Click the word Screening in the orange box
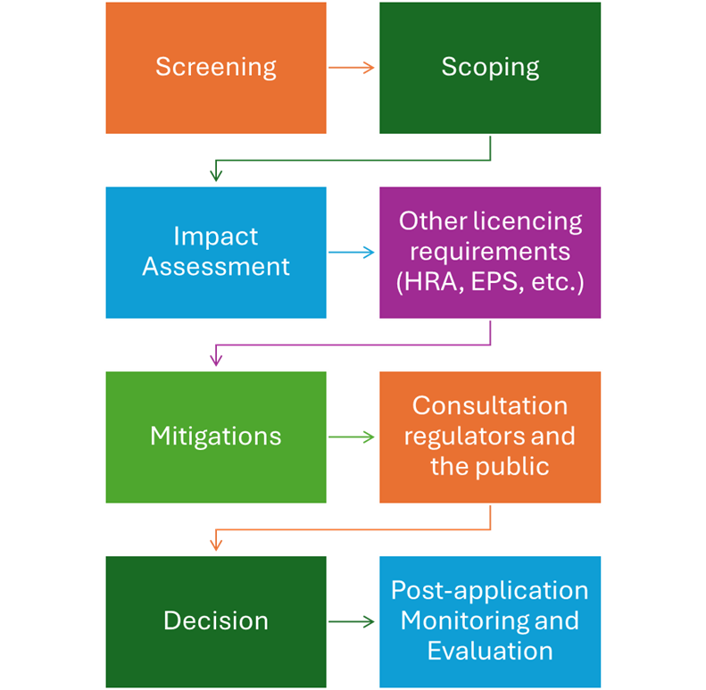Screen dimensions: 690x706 click(x=215, y=67)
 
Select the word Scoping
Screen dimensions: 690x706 click(x=490, y=67)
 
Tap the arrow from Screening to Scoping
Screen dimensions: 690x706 click(x=352, y=68)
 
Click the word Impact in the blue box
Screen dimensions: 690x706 click(x=215, y=237)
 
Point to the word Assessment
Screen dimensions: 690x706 click(x=215, y=266)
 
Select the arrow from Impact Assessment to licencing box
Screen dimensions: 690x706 click(x=352, y=253)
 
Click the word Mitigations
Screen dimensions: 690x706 click(x=215, y=436)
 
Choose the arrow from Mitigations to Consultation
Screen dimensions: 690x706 click(x=352, y=437)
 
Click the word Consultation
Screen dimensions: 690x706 click(x=490, y=406)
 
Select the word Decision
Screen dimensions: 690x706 click(x=215, y=621)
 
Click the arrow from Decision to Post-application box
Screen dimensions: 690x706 click(x=352, y=621)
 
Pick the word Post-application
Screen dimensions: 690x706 click(x=490, y=591)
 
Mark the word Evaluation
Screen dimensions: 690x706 click(x=490, y=651)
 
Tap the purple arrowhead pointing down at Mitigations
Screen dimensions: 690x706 click(x=215, y=360)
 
